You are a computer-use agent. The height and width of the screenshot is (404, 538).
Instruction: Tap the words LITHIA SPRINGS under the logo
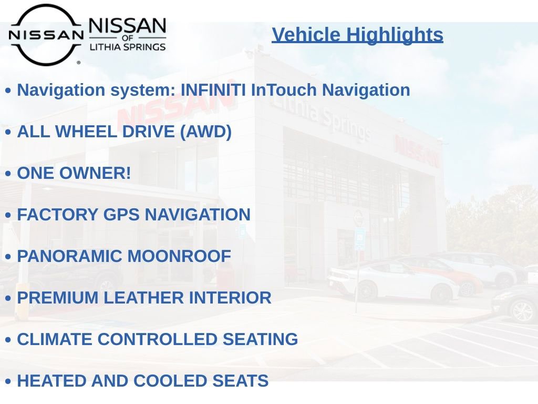(x=128, y=47)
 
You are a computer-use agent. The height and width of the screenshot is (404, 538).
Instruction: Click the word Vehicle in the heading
(x=306, y=35)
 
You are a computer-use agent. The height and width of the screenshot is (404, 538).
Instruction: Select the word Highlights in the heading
(x=395, y=35)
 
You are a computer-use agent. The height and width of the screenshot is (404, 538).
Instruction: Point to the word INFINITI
(x=213, y=90)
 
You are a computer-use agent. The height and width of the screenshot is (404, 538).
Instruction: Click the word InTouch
(x=284, y=90)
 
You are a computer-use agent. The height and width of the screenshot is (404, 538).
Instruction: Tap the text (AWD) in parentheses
(x=206, y=132)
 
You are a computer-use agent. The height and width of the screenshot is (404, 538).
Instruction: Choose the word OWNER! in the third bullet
(x=95, y=173)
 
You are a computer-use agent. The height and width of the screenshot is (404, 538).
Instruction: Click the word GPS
(x=121, y=215)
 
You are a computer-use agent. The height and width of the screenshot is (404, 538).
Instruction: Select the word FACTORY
(x=58, y=215)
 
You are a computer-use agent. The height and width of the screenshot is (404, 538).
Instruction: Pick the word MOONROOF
(x=179, y=256)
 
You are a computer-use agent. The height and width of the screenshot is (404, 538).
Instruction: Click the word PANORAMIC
(x=70, y=256)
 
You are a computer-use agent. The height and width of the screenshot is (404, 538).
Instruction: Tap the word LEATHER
(x=143, y=298)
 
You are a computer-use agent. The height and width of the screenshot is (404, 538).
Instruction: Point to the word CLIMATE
(x=55, y=339)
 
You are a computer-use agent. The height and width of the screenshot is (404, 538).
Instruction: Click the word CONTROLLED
(x=158, y=339)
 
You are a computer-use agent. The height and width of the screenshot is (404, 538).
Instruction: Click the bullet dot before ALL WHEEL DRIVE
(x=8, y=132)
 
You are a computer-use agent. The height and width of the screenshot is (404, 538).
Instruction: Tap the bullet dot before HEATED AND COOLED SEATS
(x=8, y=381)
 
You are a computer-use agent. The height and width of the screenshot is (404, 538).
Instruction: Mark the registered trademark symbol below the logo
(x=79, y=63)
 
